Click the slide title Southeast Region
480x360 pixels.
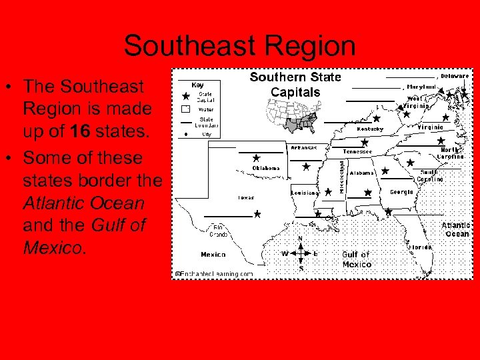(x=239, y=46)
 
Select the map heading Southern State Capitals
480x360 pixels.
(x=295, y=85)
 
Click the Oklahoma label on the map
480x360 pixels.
(x=266, y=169)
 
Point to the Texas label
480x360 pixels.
(x=246, y=197)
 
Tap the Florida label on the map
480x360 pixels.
(x=420, y=247)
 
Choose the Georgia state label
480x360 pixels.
(x=401, y=192)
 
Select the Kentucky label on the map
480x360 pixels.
(x=370, y=129)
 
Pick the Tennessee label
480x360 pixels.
(x=357, y=151)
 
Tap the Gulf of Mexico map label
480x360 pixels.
(x=357, y=259)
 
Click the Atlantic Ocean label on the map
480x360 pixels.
(x=456, y=229)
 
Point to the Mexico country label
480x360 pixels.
(x=213, y=254)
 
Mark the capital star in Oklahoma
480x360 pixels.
(x=257, y=159)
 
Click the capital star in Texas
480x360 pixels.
(x=257, y=215)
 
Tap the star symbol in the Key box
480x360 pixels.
(x=186, y=96)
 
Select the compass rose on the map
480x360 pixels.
(x=301, y=253)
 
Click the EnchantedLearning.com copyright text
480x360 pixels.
(x=214, y=273)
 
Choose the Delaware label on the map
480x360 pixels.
(x=454, y=76)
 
